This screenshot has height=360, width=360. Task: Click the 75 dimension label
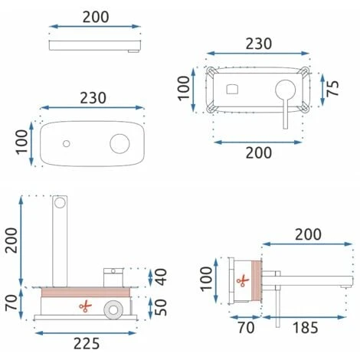(332, 88)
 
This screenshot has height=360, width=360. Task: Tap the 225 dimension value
(87, 343)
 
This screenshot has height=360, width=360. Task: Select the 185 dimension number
(306, 328)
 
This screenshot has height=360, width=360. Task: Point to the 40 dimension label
(161, 277)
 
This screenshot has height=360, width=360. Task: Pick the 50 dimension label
(161, 307)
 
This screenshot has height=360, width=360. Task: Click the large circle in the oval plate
(119, 144)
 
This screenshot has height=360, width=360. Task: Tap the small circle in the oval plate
(67, 144)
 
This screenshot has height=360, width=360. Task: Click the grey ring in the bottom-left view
(113, 309)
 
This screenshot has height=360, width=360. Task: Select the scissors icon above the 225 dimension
(85, 306)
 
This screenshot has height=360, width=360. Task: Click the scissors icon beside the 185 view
(243, 281)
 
